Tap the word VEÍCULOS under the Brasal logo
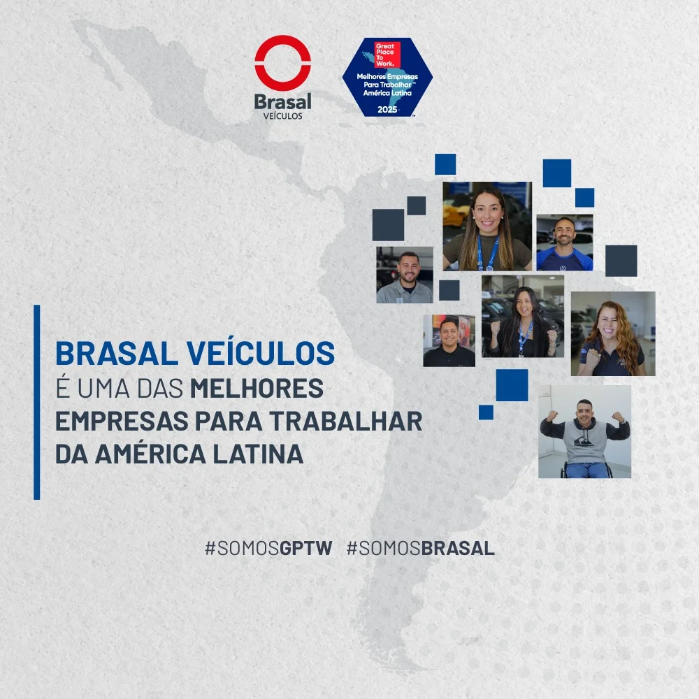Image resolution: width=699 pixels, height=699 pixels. click(282, 116)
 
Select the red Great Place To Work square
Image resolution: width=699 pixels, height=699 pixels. click(387, 55)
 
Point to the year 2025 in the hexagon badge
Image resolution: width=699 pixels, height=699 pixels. click(387, 110)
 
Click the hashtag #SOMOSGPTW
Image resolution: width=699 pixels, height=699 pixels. click(268, 548)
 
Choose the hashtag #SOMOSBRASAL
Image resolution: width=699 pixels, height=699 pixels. click(420, 548)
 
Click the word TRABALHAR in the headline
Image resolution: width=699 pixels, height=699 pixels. click(345, 421)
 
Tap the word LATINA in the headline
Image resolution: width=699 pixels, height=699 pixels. click(258, 454)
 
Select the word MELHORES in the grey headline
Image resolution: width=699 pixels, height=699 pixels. click(257, 388)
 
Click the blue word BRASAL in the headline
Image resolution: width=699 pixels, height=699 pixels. click(116, 354)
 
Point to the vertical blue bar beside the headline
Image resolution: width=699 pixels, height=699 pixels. click(36, 402)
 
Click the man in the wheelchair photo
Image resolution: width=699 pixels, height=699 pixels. click(584, 431)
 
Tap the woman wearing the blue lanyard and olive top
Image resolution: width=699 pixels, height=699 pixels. click(487, 226)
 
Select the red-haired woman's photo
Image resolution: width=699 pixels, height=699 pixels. click(613, 333)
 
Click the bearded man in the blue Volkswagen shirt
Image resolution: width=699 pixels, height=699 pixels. click(564, 243)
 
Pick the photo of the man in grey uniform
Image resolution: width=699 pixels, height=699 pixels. click(404, 275)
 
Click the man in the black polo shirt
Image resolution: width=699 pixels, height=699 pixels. click(449, 340)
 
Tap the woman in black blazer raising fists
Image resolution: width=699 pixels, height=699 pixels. click(522, 316)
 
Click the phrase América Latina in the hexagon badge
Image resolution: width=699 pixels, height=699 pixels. click(387, 93)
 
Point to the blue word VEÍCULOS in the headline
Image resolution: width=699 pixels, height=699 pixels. click(261, 354)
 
